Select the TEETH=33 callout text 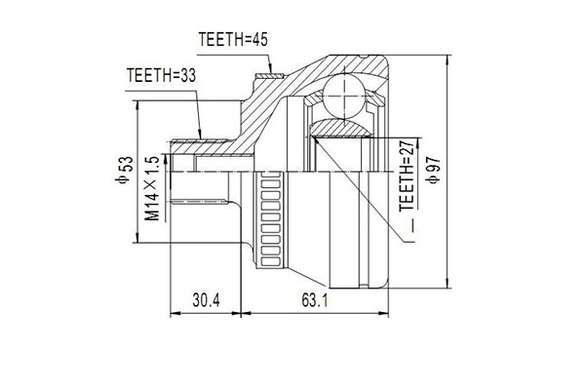(160, 74)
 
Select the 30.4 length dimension (205, 300)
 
